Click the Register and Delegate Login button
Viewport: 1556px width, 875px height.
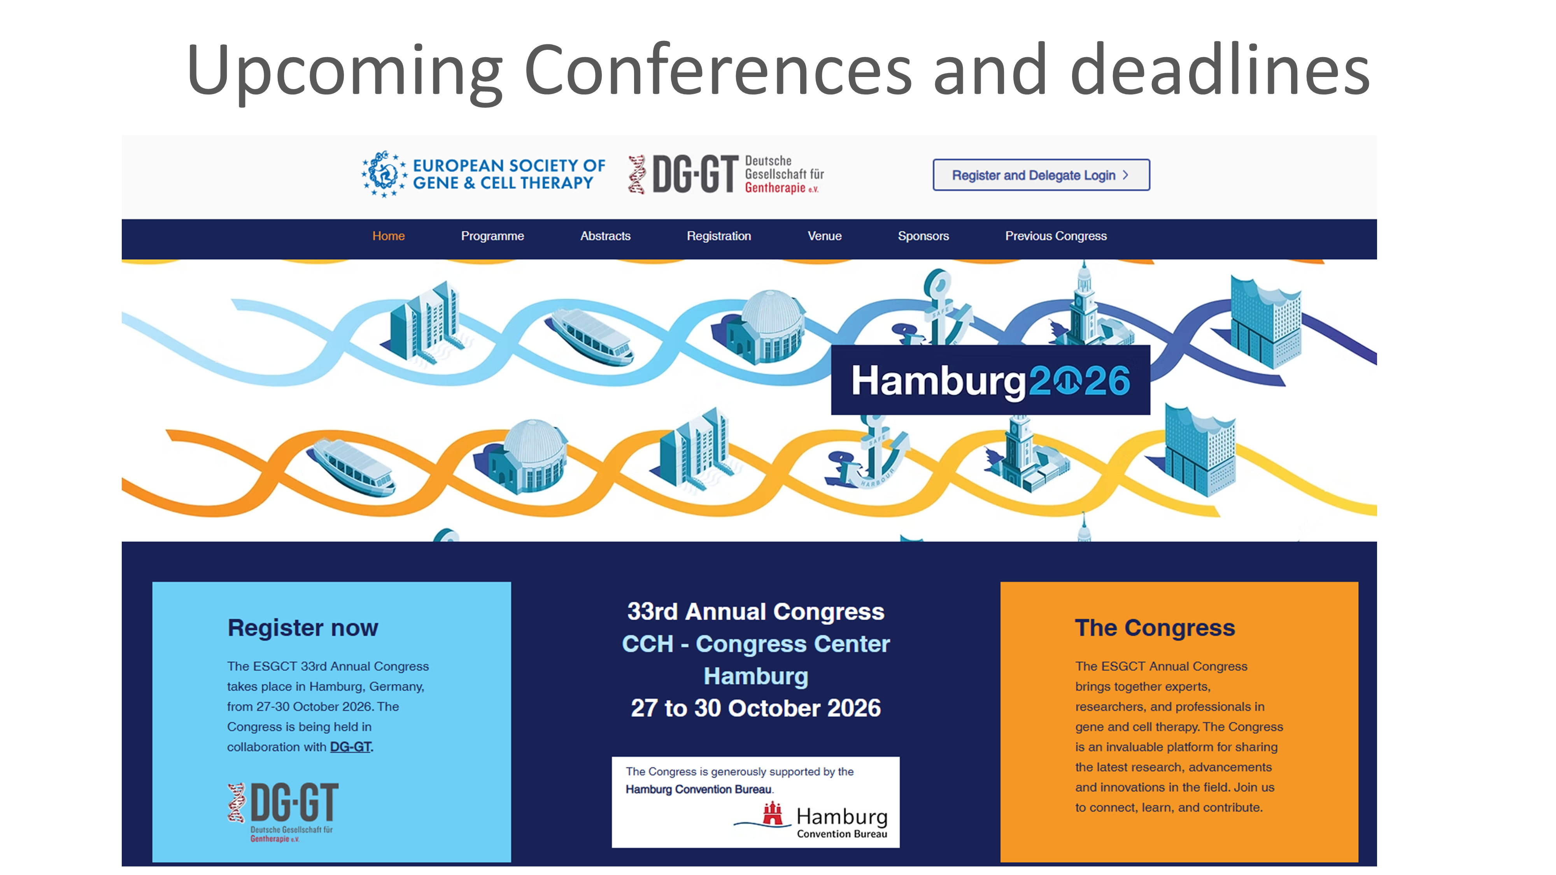pos(1041,175)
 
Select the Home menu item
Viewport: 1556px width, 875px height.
pos(388,236)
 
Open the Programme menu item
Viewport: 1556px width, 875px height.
pos(492,236)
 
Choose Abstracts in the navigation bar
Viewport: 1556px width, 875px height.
pos(605,236)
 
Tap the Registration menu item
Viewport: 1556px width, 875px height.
pos(719,236)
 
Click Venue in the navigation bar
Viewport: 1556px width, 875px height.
pos(825,236)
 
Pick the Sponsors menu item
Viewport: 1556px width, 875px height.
pos(923,236)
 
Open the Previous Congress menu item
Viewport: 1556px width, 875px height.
pos(1056,236)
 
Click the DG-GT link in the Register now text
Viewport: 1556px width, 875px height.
pos(350,747)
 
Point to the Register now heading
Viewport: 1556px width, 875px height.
pos(303,628)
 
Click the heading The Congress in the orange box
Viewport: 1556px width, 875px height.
pos(1155,628)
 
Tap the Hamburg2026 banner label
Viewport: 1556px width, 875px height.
pos(991,380)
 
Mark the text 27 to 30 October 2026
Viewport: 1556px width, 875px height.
pos(756,708)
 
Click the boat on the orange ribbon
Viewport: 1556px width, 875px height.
pos(352,466)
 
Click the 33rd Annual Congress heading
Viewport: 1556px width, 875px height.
pos(756,612)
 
